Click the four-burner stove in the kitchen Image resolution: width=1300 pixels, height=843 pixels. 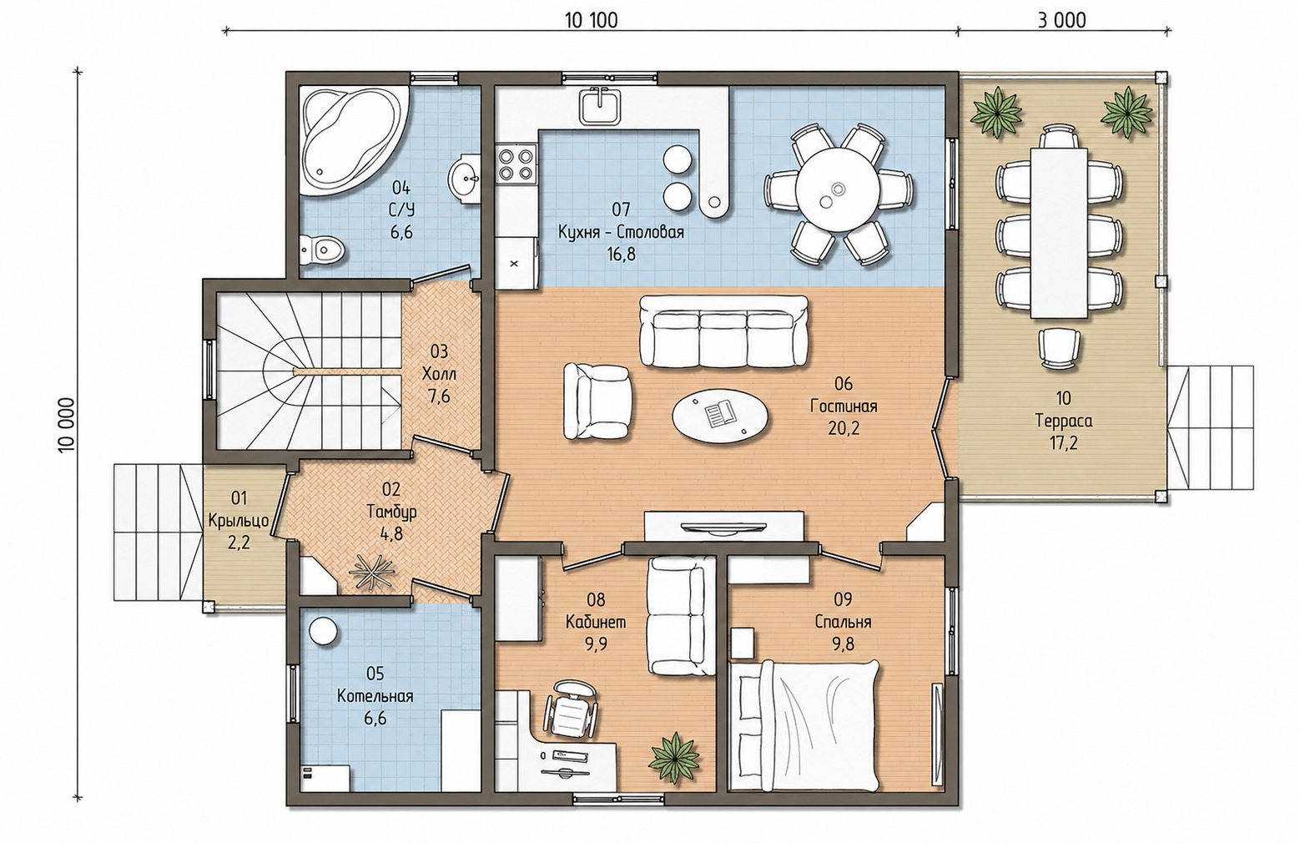pos(516,164)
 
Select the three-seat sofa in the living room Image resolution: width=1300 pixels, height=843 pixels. pos(723,332)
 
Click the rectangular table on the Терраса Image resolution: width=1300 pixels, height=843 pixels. pos(1059,233)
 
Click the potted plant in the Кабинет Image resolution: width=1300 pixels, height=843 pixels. pos(674,758)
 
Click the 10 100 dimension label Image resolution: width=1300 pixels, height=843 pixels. pos(591,21)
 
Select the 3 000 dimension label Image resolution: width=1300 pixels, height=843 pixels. pos(1061,21)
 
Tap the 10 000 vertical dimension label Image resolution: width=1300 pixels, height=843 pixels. pos(67,424)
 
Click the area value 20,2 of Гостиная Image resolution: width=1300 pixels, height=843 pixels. pos(844,428)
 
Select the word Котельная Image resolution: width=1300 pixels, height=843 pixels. pos(375,696)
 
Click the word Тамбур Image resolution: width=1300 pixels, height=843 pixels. pos(391,512)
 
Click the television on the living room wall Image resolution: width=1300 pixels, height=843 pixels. pos(724,528)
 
